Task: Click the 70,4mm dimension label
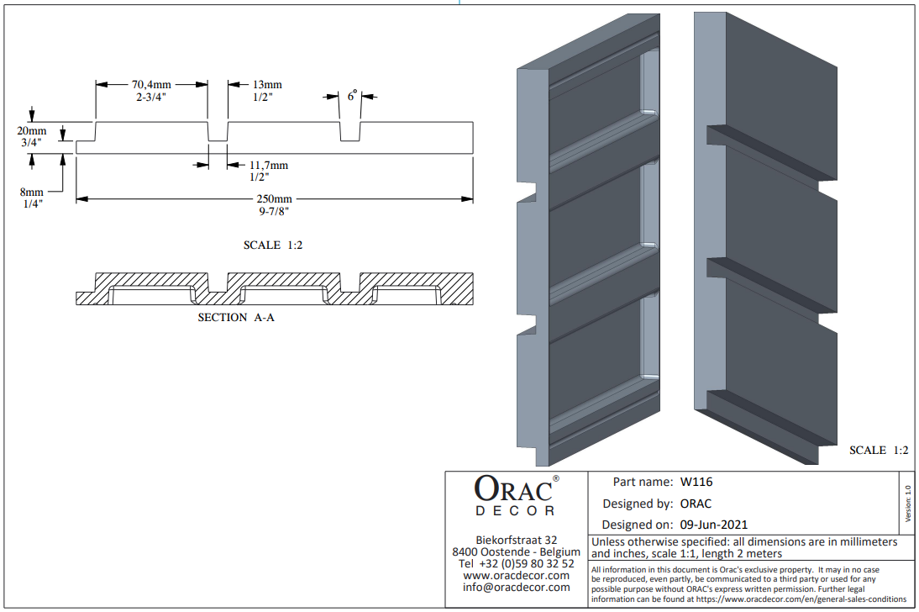pos(151,85)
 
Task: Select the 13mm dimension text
pos(267,85)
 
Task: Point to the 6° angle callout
pos(352,95)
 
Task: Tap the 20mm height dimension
pos(32,130)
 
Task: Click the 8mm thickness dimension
pos(32,192)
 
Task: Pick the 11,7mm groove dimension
pos(269,165)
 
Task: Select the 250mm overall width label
pos(275,199)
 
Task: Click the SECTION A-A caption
pos(235,318)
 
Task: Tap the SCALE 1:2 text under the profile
pos(273,245)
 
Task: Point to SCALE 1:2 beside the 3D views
pos(879,450)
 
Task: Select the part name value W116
pos(696,482)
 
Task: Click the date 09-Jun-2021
pos(714,525)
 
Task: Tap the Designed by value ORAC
pos(696,504)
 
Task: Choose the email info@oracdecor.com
pos(516,587)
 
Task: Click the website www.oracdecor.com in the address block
pos(516,575)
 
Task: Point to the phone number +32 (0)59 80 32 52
pos(527,563)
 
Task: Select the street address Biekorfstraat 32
pos(517,540)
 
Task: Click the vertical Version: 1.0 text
pos(908,503)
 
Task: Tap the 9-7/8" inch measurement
pos(275,211)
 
